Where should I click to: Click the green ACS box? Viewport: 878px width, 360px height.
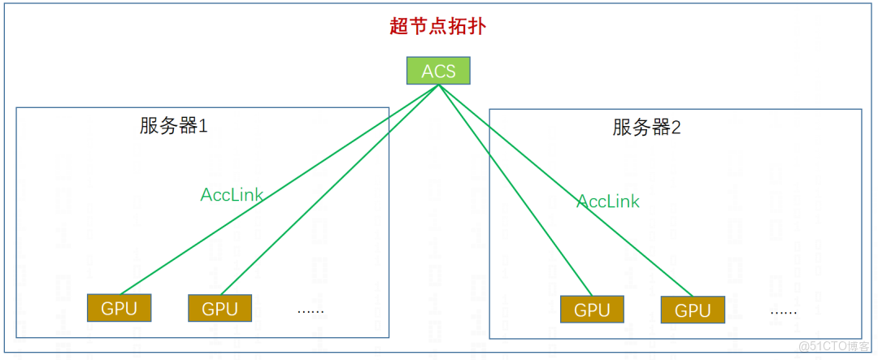click(438, 72)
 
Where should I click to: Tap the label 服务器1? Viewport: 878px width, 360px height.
click(174, 126)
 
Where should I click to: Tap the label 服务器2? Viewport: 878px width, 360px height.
click(646, 128)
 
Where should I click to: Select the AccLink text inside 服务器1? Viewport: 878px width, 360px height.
click(232, 195)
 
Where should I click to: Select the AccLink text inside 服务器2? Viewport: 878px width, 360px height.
click(608, 202)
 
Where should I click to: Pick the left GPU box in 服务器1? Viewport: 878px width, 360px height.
click(120, 308)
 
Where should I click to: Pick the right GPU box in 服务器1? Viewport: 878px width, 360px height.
click(219, 309)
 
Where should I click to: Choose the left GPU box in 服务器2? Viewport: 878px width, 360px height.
click(592, 310)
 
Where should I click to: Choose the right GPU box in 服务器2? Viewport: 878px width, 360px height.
click(693, 310)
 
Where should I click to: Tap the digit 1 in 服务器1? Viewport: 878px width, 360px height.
click(203, 127)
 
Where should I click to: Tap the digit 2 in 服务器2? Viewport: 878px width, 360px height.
click(676, 128)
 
